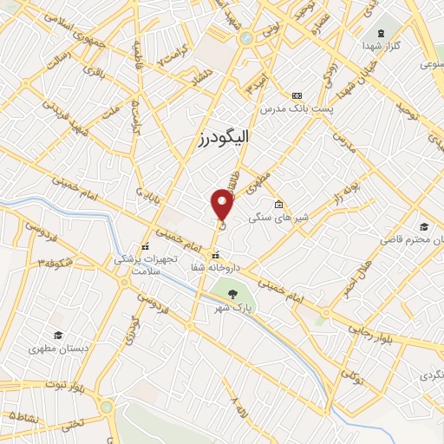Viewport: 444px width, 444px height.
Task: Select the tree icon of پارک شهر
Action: [x=232, y=295]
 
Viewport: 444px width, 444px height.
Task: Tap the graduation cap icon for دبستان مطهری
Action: [x=57, y=335]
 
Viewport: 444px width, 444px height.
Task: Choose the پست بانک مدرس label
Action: [x=297, y=107]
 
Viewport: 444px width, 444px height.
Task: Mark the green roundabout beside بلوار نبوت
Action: [x=106, y=406]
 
